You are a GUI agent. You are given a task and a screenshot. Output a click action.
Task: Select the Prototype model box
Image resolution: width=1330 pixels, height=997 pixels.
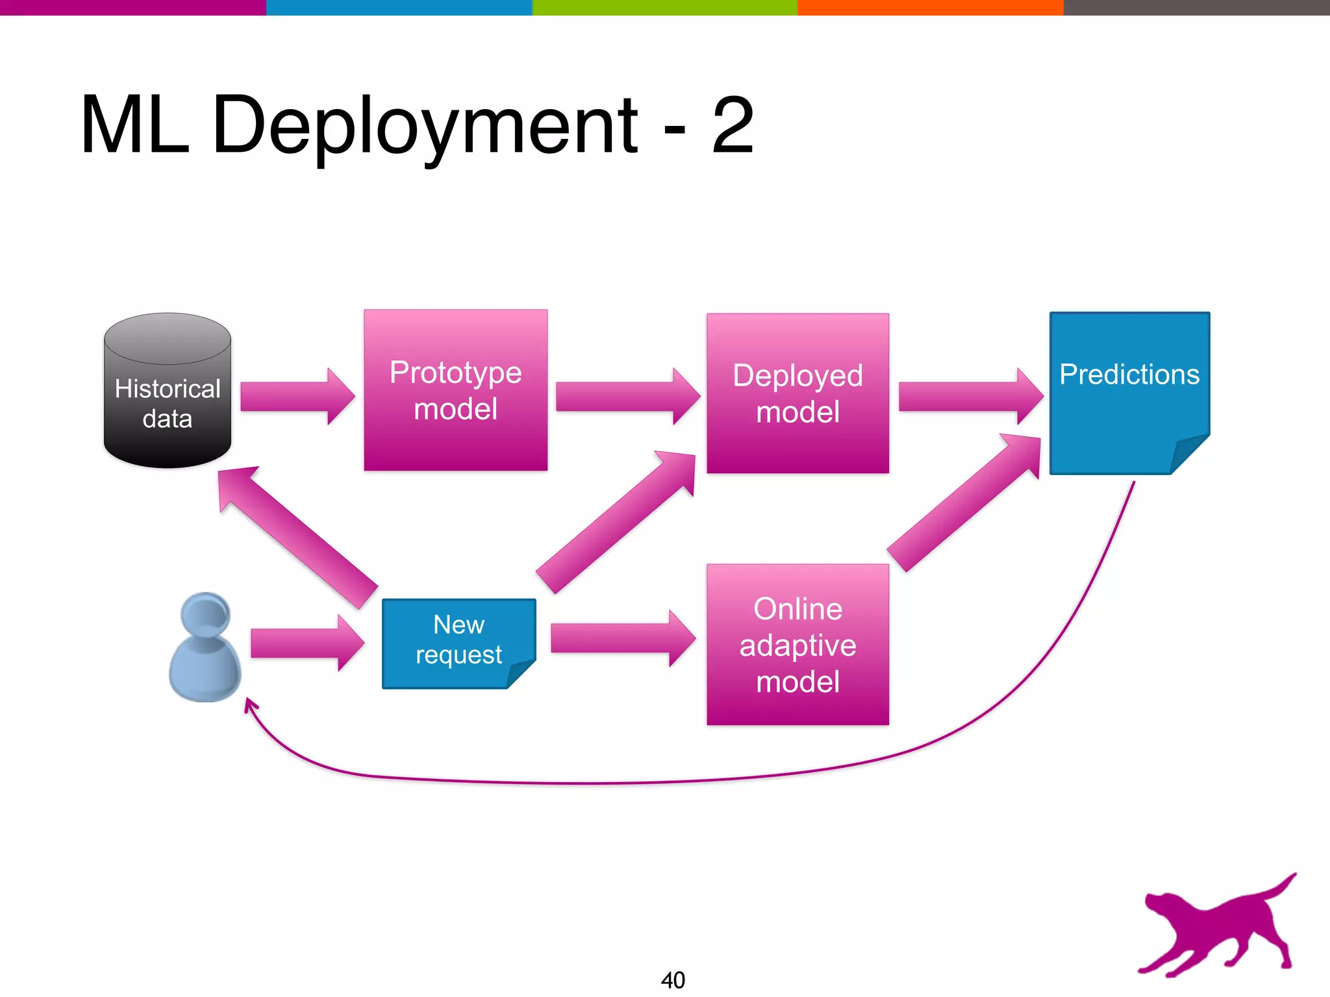coord(455,390)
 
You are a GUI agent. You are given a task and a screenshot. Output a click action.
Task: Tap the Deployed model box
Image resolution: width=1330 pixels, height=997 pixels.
coord(797,393)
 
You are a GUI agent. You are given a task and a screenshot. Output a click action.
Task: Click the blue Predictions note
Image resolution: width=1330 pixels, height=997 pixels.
coord(1129,392)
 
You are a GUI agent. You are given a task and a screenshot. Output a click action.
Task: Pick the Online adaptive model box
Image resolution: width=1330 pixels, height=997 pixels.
coord(797,645)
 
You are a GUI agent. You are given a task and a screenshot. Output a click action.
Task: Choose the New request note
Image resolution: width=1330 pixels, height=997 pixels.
coord(458,643)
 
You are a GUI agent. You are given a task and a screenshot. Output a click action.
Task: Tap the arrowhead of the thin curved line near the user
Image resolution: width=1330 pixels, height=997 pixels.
coord(249,704)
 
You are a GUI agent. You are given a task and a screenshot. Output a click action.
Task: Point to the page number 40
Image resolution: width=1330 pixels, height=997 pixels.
coord(673,979)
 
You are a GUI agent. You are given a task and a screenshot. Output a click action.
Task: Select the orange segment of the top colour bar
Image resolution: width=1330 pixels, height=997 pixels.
coord(930,7)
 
